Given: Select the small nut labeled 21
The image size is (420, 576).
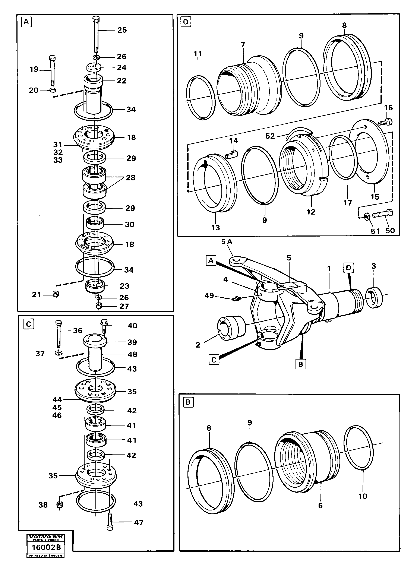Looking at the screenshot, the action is click(56, 294).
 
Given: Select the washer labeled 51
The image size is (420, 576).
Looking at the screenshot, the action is click(367, 216).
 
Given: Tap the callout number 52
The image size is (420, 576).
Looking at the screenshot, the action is click(270, 136).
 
